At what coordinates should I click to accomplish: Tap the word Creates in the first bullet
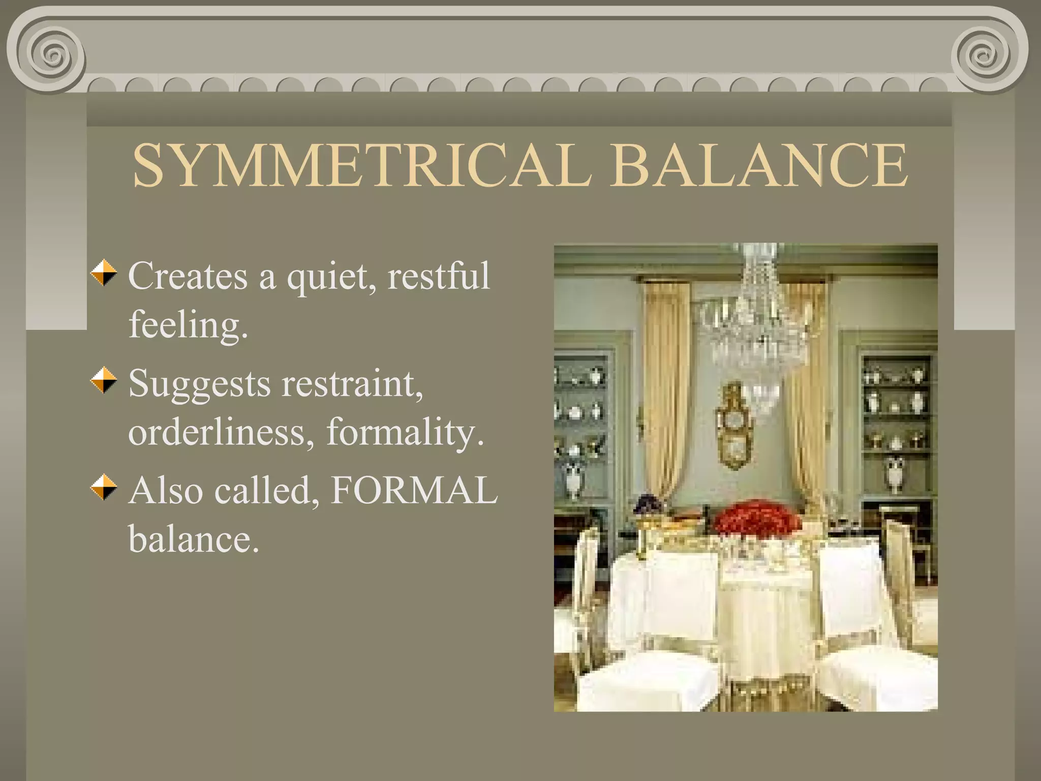click(x=188, y=276)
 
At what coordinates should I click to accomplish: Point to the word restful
click(x=438, y=276)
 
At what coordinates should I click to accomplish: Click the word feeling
click(x=188, y=325)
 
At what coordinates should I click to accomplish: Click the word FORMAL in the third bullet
click(x=414, y=491)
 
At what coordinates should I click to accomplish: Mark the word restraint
click(x=352, y=384)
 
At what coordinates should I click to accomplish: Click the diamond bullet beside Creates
click(x=104, y=273)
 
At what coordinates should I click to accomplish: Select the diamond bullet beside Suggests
click(x=104, y=380)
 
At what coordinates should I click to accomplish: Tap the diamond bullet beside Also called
click(x=104, y=487)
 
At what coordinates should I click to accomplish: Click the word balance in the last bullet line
click(x=193, y=539)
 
